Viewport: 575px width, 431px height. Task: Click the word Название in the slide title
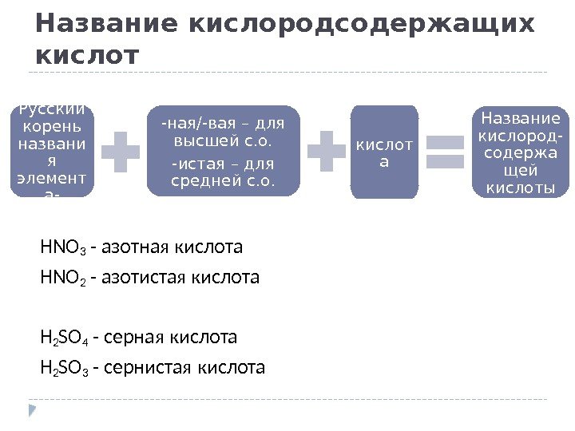pyautogui.click(x=105, y=25)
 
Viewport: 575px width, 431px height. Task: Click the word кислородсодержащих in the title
pyautogui.click(x=359, y=25)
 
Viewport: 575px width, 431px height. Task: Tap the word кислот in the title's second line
pyautogui.click(x=87, y=57)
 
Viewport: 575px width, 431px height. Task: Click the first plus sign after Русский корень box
pyautogui.click(x=120, y=152)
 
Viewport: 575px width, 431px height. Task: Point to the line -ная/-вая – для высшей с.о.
pyautogui.click(x=223, y=133)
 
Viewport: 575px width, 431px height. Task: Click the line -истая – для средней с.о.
pyautogui.click(x=223, y=172)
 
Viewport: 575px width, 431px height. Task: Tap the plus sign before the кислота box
pyautogui.click(x=327, y=152)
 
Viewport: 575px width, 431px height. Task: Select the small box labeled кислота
pyautogui.click(x=383, y=152)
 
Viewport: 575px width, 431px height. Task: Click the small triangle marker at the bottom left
pyautogui.click(x=33, y=410)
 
